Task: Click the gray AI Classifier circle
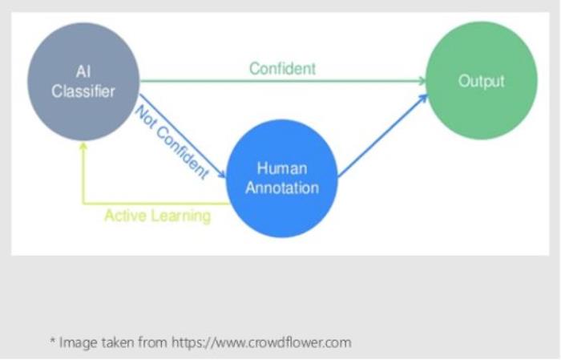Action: [83, 82]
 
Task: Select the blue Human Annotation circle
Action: [282, 178]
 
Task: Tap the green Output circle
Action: [481, 80]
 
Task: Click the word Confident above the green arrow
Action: [282, 68]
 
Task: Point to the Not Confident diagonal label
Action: [172, 143]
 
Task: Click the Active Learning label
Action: [157, 216]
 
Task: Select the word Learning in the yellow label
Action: [181, 216]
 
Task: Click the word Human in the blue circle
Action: [282, 168]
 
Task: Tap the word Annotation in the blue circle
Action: [282, 188]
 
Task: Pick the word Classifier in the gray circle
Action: [83, 91]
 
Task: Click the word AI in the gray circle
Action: [83, 71]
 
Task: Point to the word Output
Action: [481, 81]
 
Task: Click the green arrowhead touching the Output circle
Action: [422, 81]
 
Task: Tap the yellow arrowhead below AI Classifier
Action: [83, 146]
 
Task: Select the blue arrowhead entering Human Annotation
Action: [222, 174]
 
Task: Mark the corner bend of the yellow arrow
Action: [83, 204]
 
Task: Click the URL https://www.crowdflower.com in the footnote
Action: [261, 342]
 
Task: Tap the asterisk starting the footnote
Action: [52, 340]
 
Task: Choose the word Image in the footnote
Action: [78, 343]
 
